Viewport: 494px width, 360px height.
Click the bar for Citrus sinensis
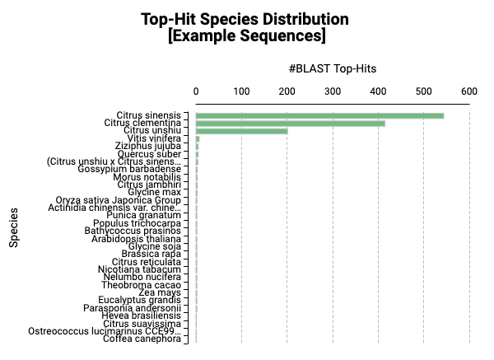coord(319,115)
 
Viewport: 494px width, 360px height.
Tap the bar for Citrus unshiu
coord(241,131)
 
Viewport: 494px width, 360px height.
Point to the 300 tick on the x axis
coord(333,91)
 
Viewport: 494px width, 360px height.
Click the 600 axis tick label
coord(469,91)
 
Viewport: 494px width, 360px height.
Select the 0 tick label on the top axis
coord(196,91)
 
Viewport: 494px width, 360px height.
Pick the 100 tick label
coord(241,91)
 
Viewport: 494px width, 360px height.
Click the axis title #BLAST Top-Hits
coord(333,69)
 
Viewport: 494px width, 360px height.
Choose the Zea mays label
coord(160,292)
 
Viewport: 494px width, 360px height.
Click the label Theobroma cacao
coord(147,285)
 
